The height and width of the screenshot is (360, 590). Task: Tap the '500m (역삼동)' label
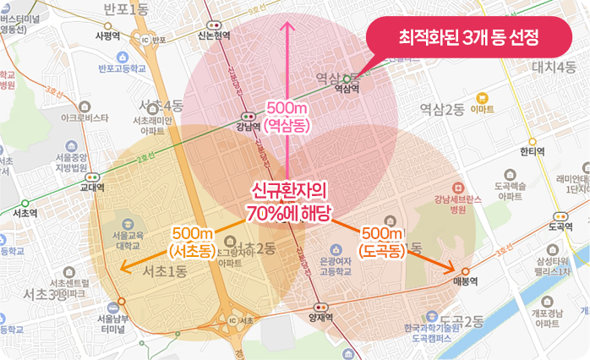coord(287,116)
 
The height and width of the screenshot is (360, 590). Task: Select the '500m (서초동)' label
coord(191,242)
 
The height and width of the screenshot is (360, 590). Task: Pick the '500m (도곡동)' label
coord(380,241)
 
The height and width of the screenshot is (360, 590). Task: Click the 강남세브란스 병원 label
coord(458,203)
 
